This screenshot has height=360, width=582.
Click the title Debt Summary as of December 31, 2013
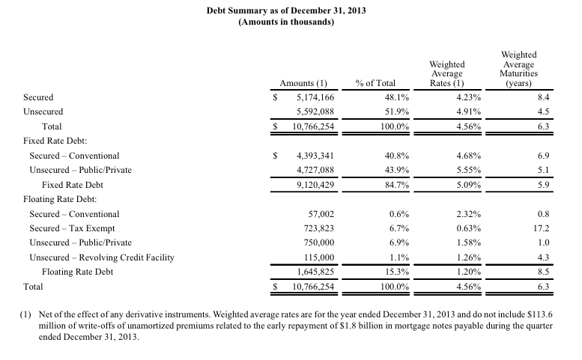pos(286,10)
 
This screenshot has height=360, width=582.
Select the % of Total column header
pos(375,83)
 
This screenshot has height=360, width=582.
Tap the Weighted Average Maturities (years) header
pos(518,69)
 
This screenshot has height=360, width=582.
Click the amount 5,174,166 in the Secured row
pos(315,97)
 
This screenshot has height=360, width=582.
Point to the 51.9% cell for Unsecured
pos(397,112)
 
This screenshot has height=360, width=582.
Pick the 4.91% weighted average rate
pos(468,112)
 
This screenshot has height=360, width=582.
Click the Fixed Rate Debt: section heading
pos(55,141)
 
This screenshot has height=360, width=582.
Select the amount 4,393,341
pos(315,156)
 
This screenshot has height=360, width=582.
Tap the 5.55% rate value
pos(468,170)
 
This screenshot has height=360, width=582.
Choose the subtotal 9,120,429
pos(315,185)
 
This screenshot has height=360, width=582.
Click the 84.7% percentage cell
pos(397,185)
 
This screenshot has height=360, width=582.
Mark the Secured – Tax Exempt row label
pos(72,228)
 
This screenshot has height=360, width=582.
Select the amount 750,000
pos(319,242)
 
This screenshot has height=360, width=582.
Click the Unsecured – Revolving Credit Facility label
pos(102,257)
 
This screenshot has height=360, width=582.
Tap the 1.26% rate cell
pos(468,257)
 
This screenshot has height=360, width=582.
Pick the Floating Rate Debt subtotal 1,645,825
pos(315,272)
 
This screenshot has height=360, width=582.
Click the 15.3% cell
pos(397,272)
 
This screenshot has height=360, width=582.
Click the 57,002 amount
pos(321,214)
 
